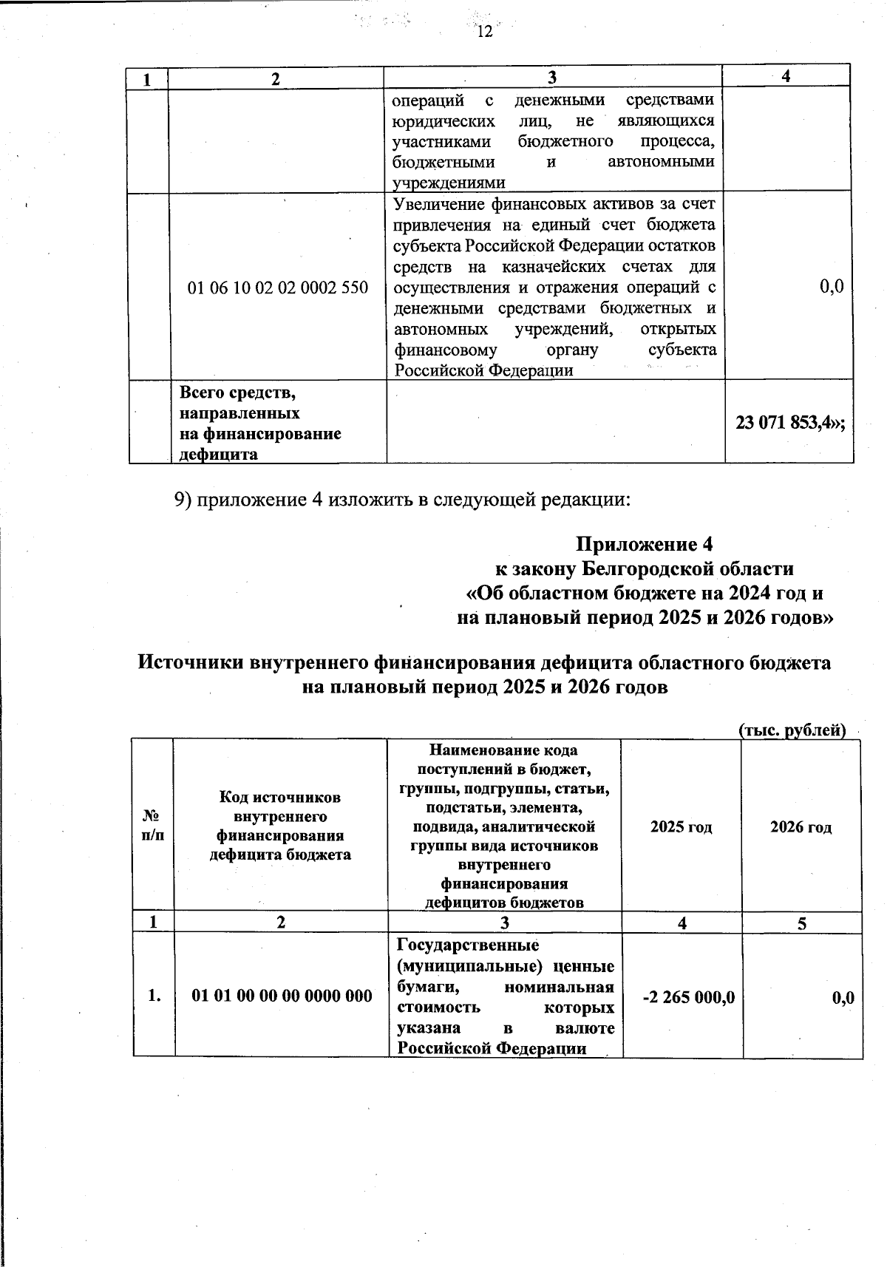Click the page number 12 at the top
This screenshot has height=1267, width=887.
pyautogui.click(x=484, y=31)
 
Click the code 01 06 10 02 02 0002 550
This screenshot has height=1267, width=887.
pyautogui.click(x=278, y=287)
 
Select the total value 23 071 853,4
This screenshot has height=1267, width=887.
pyautogui.click(x=789, y=422)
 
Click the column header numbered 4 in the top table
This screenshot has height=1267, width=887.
pyautogui.click(x=786, y=77)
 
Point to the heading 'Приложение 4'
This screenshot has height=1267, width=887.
pyautogui.click(x=644, y=545)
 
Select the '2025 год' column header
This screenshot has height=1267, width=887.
pyautogui.click(x=681, y=826)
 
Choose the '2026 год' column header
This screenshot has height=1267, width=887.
pyautogui.click(x=801, y=826)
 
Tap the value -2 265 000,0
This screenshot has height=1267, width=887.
pyautogui.click(x=688, y=997)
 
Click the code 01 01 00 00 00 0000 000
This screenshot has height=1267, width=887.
pyautogui.click(x=282, y=996)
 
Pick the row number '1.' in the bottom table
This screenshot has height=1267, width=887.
pyautogui.click(x=154, y=996)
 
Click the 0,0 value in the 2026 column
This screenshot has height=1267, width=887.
pyautogui.click(x=843, y=997)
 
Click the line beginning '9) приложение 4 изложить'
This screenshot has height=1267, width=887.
pyautogui.click(x=402, y=500)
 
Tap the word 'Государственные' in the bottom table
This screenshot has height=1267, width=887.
pyautogui.click(x=467, y=945)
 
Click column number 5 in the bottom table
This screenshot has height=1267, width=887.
pyautogui.click(x=801, y=923)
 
